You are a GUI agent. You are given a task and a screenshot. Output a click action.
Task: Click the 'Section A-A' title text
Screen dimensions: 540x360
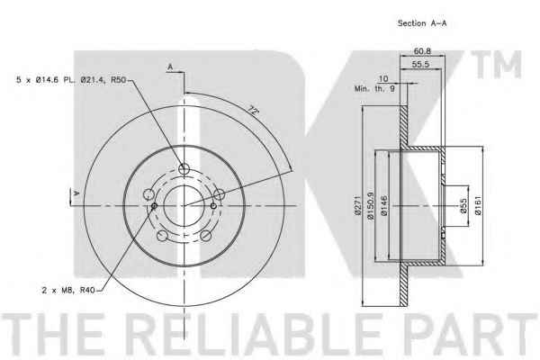click(x=422, y=23)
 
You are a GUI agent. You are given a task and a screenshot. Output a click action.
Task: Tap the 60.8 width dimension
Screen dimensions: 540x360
click(x=422, y=51)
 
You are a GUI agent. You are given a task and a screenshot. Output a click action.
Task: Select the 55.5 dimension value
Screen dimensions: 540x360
click(x=420, y=64)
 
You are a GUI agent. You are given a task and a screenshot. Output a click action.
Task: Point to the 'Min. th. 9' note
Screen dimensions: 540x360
click(x=374, y=89)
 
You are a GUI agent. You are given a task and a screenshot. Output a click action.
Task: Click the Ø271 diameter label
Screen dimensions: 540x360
click(x=357, y=206)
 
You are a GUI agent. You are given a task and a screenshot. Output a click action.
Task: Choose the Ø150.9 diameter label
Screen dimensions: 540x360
click(x=371, y=206)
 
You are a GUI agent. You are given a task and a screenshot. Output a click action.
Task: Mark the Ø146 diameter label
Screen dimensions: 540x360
click(x=384, y=206)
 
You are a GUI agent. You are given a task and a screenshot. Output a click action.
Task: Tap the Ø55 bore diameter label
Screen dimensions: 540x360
click(x=463, y=206)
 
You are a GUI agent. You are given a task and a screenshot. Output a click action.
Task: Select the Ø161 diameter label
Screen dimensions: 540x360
click(x=478, y=206)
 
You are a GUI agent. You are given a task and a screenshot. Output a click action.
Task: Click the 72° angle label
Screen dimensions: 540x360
click(x=253, y=111)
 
